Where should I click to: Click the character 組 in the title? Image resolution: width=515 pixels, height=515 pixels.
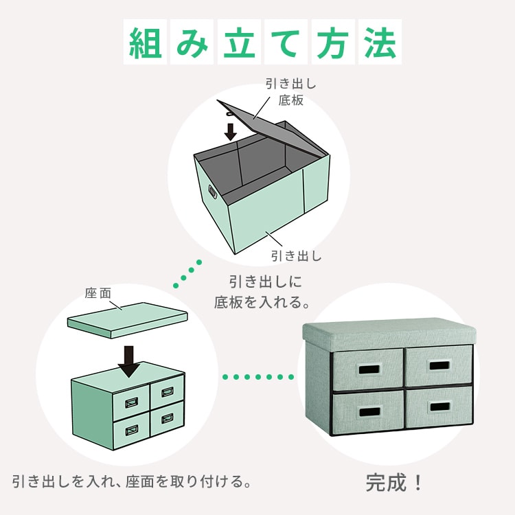pyautogui.click(x=145, y=42)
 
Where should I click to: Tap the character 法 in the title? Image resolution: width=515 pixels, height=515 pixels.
pyautogui.click(x=380, y=42)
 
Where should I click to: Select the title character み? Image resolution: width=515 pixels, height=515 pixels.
pyautogui.click(x=192, y=42)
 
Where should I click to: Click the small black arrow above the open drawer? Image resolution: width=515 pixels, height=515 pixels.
pyautogui.click(x=231, y=132)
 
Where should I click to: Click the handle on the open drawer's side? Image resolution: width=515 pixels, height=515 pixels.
pyautogui.click(x=212, y=191)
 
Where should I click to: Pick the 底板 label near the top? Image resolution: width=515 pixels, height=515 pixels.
pyautogui.click(x=290, y=100)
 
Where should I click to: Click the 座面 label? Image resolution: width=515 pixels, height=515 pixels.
pyautogui.click(x=98, y=293)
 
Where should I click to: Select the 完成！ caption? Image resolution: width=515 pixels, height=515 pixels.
pyautogui.click(x=394, y=483)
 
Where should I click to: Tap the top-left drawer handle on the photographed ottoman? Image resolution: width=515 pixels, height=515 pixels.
pyautogui.click(x=369, y=369)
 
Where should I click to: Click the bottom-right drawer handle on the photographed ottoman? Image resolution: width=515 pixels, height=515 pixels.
pyautogui.click(x=439, y=407)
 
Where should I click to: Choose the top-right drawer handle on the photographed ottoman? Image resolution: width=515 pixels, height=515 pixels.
pyautogui.click(x=439, y=365)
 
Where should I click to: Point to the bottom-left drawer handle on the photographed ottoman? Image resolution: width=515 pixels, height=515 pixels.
pyautogui.click(x=369, y=411)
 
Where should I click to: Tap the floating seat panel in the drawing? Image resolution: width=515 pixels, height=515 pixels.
pyautogui.click(x=128, y=320)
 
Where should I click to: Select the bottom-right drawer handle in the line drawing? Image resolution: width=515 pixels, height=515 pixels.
pyautogui.click(x=167, y=418)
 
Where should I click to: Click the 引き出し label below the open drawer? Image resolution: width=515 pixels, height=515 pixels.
pyautogui.click(x=296, y=256)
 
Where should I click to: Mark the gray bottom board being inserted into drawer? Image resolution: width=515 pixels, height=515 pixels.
pyautogui.click(x=273, y=128)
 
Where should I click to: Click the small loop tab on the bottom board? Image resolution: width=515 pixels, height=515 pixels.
pyautogui.click(x=229, y=114)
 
